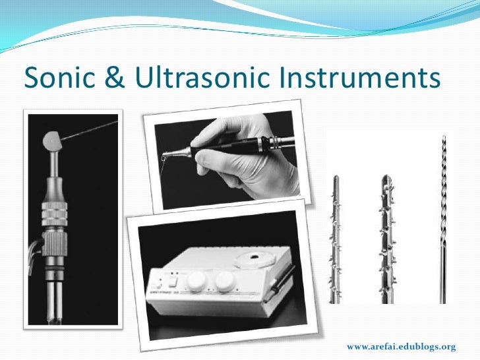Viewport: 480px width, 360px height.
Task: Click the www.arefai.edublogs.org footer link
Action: point(401,346)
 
